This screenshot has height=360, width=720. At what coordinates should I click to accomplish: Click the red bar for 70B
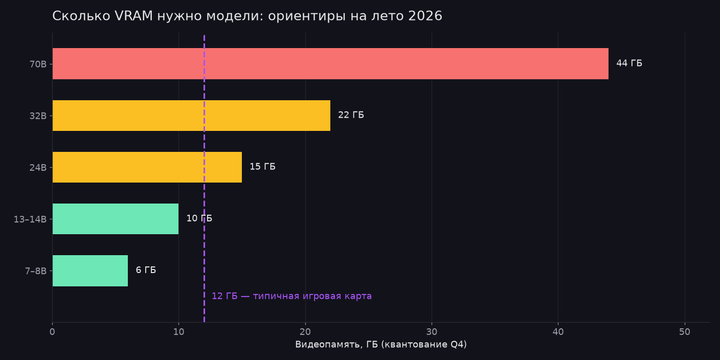tap(330, 63)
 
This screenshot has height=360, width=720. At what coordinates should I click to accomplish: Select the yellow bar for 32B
tap(191, 116)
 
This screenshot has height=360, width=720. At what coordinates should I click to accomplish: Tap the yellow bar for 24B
tap(147, 167)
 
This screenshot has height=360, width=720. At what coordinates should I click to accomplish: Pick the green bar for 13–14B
tap(116, 219)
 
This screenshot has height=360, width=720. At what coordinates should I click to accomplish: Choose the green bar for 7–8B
tap(90, 271)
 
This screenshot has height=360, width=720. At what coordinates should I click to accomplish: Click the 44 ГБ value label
tap(629, 63)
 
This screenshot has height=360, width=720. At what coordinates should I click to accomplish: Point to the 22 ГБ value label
tap(351, 115)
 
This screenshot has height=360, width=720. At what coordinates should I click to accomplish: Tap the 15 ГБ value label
tap(263, 167)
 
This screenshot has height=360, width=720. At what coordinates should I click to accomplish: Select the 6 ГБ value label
tap(146, 270)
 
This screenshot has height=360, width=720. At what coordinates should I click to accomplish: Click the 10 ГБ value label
tap(199, 218)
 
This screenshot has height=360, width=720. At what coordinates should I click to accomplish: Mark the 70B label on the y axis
tap(38, 64)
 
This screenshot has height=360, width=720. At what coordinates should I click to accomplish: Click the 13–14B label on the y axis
tap(30, 219)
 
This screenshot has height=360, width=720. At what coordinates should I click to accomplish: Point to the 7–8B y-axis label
tap(36, 271)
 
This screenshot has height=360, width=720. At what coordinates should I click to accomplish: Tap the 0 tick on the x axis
tap(52, 332)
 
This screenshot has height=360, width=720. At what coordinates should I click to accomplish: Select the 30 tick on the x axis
tap(432, 332)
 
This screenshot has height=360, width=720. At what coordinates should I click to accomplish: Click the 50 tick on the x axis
tap(685, 332)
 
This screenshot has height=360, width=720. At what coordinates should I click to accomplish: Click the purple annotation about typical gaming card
tap(291, 296)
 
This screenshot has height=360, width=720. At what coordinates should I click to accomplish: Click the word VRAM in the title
tap(133, 16)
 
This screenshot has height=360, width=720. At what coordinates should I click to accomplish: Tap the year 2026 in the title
tap(425, 16)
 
